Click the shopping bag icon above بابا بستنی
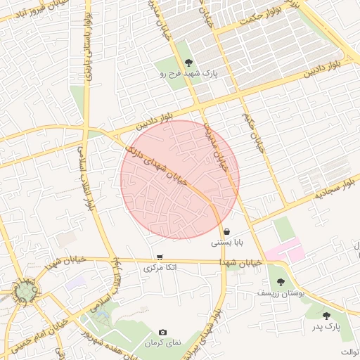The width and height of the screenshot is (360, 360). point(226,231)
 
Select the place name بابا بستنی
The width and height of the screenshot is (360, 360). point(227,243)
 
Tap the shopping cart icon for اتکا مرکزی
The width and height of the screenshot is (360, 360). point(160,257)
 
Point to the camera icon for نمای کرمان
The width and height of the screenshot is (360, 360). point(162,332)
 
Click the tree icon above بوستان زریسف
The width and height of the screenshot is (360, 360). point(281,282)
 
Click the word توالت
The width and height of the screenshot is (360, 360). point(349,352)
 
